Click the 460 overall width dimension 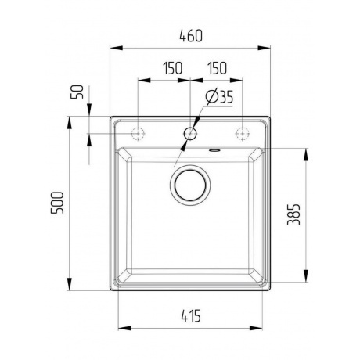pos(190,35)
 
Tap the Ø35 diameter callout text pos(221,98)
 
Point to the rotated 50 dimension pos(77,91)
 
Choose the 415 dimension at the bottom pos(190,316)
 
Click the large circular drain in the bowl pos(190,186)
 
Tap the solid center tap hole pos(190,133)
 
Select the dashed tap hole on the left pos(139,133)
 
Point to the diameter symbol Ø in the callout pos(211,98)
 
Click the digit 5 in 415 pos(199,316)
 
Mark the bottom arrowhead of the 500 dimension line pos(70,288)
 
